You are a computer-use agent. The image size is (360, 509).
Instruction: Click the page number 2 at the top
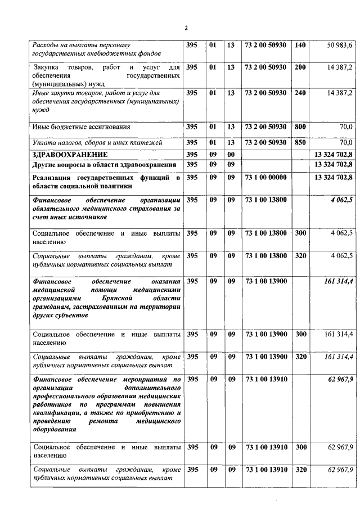(186, 28)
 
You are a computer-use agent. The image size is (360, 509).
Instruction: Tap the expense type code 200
(300, 67)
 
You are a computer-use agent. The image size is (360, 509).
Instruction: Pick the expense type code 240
(300, 92)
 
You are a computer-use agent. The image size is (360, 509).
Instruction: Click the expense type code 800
(300, 127)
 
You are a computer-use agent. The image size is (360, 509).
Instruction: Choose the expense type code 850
(300, 142)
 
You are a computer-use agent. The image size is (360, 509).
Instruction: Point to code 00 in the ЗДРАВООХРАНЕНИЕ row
(231, 154)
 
